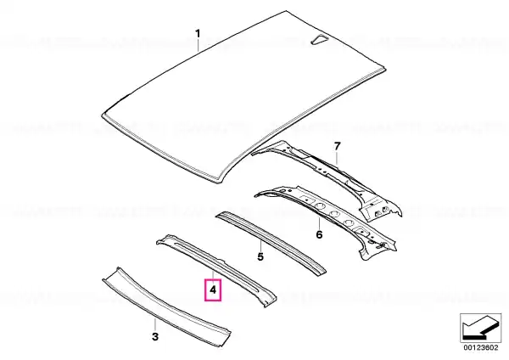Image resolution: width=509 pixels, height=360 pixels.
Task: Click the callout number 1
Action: tap(198, 33)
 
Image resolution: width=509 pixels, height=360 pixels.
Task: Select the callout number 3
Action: tap(155, 336)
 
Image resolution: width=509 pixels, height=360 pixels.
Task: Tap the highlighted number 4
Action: tap(213, 290)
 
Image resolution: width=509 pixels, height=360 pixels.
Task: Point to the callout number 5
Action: tap(260, 256)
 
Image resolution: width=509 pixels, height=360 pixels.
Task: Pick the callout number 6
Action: tap(320, 234)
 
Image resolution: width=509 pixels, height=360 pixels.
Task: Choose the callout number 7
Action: tap(338, 146)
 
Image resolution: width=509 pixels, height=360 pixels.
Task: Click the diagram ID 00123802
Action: tap(480, 347)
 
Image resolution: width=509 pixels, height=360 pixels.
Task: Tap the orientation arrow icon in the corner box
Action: tap(480, 328)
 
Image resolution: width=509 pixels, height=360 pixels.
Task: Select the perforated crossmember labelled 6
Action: tap(325, 220)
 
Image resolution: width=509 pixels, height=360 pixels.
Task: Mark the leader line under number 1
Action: tap(198, 45)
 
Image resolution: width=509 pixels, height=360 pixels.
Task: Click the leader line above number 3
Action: tap(155, 324)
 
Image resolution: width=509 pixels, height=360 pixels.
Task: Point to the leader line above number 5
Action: tap(260, 245)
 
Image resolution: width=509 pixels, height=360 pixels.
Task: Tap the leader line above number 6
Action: tap(320, 223)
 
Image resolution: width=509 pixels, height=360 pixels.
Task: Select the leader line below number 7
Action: tap(338, 159)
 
